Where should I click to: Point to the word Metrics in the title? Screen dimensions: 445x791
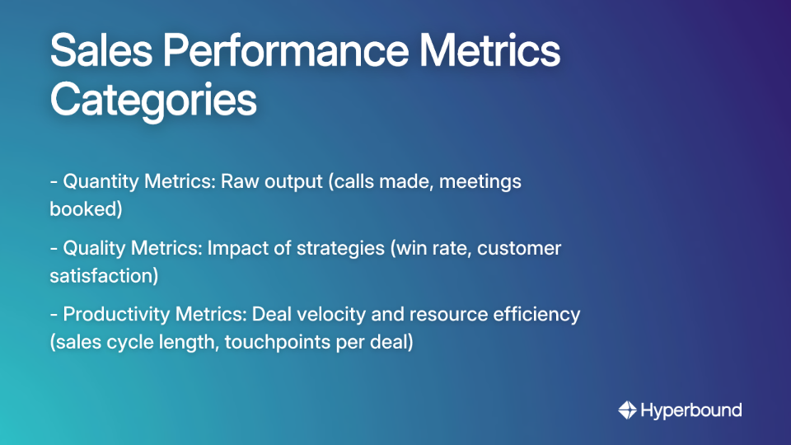pyautogui.click(x=491, y=51)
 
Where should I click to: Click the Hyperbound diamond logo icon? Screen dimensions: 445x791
pyautogui.click(x=627, y=410)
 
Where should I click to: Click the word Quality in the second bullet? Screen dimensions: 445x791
pyautogui.click(x=91, y=248)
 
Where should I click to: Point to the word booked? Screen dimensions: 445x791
pyautogui.click(x=86, y=209)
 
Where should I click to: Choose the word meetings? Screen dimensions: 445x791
pyautogui.click(x=480, y=181)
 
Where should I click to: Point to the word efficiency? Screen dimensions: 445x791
pyautogui.click(x=540, y=315)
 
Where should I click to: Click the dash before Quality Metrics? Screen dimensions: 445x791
pyautogui.click(x=54, y=248)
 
